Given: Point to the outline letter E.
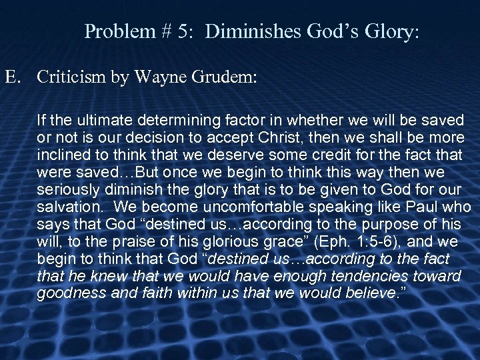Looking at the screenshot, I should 12,77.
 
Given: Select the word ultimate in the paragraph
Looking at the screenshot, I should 95,121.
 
